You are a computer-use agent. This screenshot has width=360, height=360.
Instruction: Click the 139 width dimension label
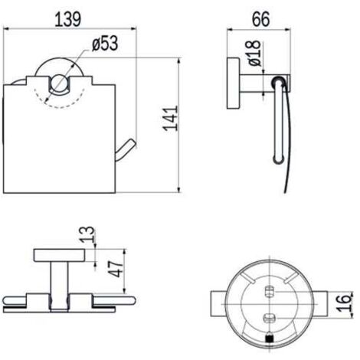(x=68, y=19)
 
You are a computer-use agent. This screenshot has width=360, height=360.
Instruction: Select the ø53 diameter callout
(x=105, y=44)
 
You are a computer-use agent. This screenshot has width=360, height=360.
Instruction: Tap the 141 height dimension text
(x=171, y=119)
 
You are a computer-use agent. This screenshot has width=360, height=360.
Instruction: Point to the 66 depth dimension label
(x=261, y=19)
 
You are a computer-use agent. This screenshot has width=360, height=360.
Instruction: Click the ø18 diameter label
(x=254, y=53)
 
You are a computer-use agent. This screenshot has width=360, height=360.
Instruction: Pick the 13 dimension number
(x=87, y=234)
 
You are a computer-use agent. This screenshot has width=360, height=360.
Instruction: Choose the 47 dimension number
(x=116, y=269)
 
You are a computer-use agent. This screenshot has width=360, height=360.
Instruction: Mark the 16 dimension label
(x=343, y=303)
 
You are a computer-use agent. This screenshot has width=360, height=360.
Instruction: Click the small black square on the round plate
(x=270, y=339)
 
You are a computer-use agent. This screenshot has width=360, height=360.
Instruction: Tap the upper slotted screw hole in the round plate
(x=269, y=292)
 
